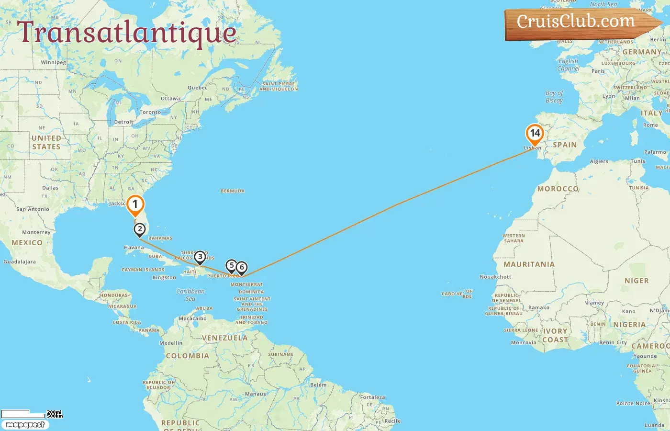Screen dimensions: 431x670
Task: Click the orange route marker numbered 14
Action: point(535,134)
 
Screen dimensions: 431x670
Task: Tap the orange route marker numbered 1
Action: point(135,204)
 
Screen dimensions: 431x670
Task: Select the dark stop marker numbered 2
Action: point(139,229)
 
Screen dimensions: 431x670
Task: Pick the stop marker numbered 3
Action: point(200,257)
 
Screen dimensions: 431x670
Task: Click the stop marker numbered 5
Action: point(231,266)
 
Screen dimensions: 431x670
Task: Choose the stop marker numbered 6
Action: point(242,268)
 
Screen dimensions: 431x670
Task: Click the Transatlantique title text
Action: point(127,33)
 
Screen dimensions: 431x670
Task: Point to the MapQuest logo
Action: point(25,425)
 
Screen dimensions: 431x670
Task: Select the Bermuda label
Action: point(233,191)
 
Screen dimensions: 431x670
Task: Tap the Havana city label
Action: point(134,248)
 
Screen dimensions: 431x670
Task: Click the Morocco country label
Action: point(558,189)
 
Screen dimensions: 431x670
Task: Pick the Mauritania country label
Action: point(529,264)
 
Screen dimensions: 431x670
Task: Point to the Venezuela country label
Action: point(224,338)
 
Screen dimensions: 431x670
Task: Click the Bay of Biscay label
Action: point(554,97)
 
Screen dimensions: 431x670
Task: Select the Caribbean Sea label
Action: point(190,295)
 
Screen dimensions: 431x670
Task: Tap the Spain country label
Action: point(565,145)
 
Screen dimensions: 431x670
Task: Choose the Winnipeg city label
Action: point(54,62)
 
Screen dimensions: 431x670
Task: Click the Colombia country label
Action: point(187,356)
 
